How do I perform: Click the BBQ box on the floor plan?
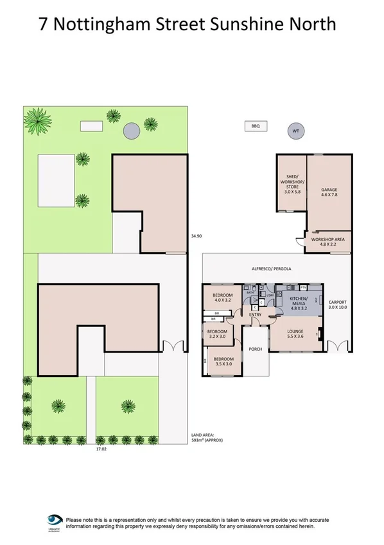pos(255,127)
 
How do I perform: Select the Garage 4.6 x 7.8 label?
pos(329,194)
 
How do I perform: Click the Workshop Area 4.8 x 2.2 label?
pos(327,242)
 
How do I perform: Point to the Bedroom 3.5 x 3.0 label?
pos(223,362)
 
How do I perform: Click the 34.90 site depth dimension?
pos(196,236)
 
